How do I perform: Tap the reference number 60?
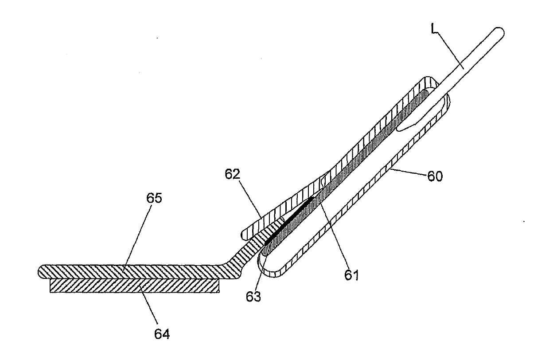tap(435, 176)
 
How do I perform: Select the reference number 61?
tap(352, 275)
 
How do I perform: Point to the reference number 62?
tap(233, 174)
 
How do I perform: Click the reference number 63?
tap(253, 297)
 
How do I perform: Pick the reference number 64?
tap(162, 334)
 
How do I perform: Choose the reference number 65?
tap(154, 198)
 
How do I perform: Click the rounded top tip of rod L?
tap(499, 31)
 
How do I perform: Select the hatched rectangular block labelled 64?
tap(135, 286)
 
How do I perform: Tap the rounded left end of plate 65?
tap(42, 271)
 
